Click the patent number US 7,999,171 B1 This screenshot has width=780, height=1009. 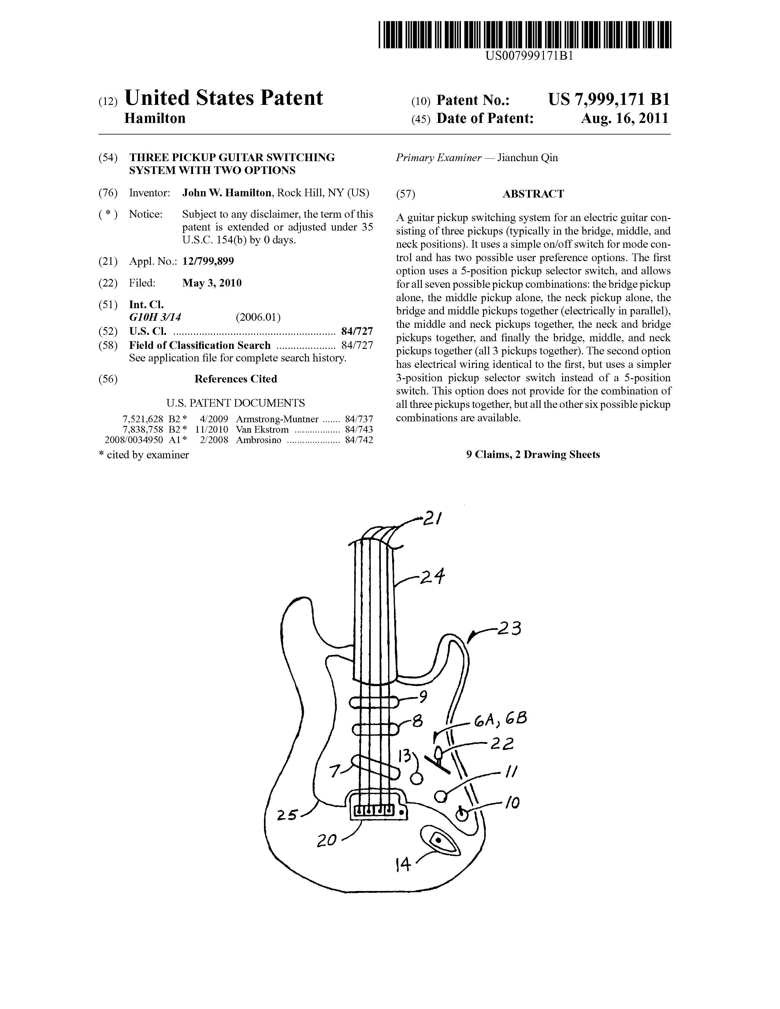coord(609,99)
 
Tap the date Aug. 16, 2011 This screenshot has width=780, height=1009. coord(625,119)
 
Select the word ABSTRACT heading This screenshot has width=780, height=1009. coord(533,194)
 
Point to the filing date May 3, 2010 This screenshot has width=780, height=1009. coord(212,283)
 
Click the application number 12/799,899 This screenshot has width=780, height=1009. coord(208,261)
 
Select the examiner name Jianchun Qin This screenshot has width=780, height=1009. coord(527,158)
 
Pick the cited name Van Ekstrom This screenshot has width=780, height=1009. coord(262,430)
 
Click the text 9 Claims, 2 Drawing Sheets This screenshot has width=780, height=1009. coord(533,455)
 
